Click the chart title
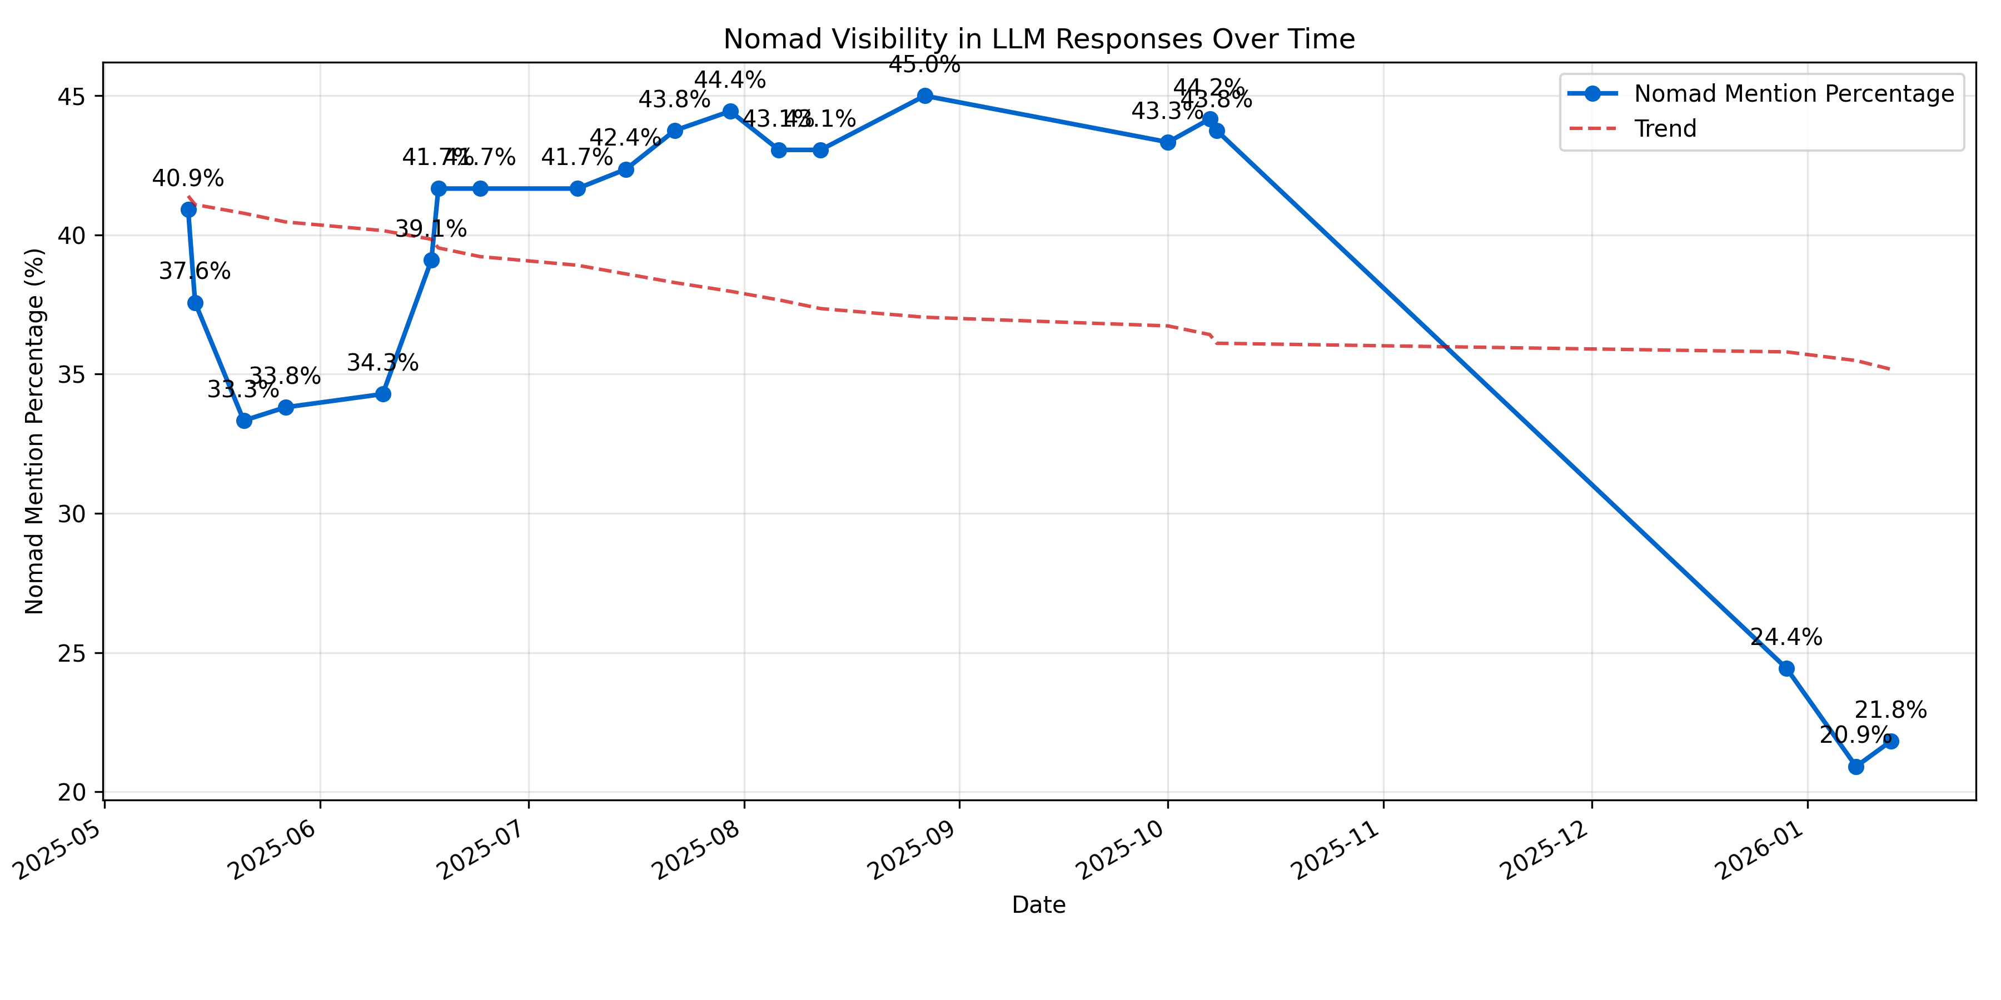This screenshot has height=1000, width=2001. pyautogui.click(x=1038, y=39)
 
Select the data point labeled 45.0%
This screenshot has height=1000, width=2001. pyautogui.click(x=924, y=96)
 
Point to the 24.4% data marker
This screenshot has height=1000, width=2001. pyautogui.click(x=1786, y=668)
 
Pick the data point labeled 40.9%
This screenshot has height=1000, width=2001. pyautogui.click(x=188, y=209)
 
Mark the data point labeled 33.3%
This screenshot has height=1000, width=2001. pyautogui.click(x=244, y=421)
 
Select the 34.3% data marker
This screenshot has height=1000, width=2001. pyautogui.click(x=383, y=394)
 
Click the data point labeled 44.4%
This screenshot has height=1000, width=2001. pyautogui.click(x=730, y=112)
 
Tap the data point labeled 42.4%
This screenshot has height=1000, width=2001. pyautogui.click(x=625, y=169)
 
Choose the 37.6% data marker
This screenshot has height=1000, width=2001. pyautogui.click(x=195, y=303)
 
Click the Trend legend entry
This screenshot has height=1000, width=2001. pyautogui.click(x=1665, y=129)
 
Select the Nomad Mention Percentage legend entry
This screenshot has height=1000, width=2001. pyautogui.click(x=1793, y=94)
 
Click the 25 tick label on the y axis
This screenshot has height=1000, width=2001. pyautogui.click(x=72, y=653)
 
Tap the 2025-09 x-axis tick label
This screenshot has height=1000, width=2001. pyautogui.click(x=917, y=850)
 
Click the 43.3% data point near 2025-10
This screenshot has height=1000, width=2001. pyautogui.click(x=1167, y=142)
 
